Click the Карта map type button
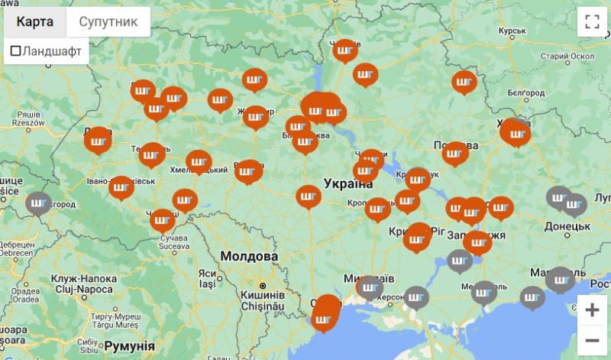[35, 21]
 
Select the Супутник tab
[108, 21]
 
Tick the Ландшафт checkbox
[15, 51]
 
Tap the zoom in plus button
[592, 310]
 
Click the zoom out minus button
[592, 339]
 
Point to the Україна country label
[348, 184]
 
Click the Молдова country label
[248, 256]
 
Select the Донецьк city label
[567, 226]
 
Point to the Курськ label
[512, 31]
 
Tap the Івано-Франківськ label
[121, 181]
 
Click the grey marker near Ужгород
[38, 203]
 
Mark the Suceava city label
[173, 247]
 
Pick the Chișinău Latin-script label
[263, 306]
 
